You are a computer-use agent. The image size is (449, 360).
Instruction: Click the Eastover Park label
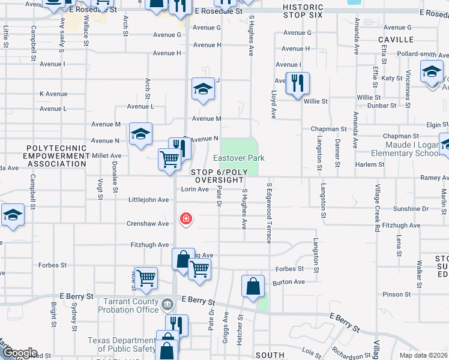point(239,158)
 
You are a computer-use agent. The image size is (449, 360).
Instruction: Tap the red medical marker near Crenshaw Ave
point(186,218)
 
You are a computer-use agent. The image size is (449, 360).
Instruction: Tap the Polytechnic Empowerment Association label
point(58,155)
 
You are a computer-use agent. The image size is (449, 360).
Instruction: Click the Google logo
point(19,353)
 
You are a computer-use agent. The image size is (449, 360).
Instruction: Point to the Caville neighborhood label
point(396,40)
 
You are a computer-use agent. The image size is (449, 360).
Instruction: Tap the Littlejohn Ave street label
point(148,200)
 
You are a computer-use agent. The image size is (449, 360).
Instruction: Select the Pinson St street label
point(396,295)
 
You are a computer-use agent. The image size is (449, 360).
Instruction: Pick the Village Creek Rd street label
point(377,207)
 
